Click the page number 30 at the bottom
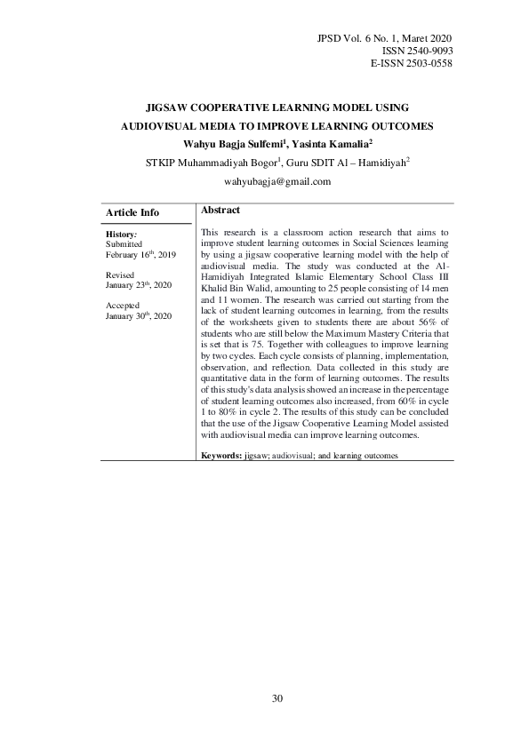click(277, 699)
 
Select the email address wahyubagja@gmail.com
click(277, 181)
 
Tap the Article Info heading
click(132, 212)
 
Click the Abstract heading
click(220, 210)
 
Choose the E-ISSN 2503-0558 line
click(410, 65)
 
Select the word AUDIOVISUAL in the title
click(162, 126)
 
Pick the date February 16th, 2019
click(140, 254)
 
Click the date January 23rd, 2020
click(138, 285)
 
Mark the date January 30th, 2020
click(138, 316)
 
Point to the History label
click(121, 233)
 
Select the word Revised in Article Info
click(120, 275)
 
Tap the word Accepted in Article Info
click(122, 306)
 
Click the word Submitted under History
click(124, 243)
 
